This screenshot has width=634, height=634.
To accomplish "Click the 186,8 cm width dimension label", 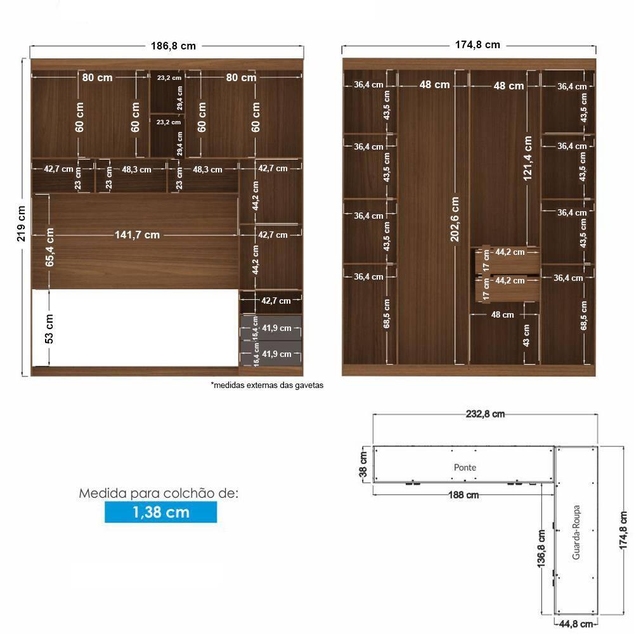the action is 173,46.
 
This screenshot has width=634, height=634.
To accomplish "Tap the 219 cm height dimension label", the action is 21,224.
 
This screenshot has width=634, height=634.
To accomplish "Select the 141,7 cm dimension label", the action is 137,235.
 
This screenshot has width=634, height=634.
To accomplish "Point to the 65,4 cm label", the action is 49,247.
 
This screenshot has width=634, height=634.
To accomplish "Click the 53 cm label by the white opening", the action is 49,328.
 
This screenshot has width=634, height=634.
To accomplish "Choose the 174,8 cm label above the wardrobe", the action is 477,45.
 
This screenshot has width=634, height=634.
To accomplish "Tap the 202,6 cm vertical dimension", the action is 455,219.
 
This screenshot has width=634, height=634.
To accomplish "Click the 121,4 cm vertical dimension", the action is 527,158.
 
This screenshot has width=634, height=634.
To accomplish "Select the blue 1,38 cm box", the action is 161,512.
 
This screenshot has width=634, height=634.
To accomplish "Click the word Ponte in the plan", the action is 465,467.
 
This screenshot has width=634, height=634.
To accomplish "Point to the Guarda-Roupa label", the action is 576,532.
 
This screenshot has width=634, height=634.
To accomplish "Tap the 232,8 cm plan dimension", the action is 485,414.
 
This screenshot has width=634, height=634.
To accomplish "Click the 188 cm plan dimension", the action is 463,495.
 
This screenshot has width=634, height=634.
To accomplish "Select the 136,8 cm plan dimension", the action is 542,548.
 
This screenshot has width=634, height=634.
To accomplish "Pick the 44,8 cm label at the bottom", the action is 576,624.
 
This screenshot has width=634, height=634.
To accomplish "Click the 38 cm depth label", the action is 363,464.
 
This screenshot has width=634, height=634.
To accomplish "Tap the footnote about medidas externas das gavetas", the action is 267,385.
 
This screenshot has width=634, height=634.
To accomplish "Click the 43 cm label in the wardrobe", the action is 526,335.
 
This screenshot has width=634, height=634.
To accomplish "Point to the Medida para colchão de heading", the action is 158,493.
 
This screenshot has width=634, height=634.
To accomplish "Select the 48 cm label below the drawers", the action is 503,314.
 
